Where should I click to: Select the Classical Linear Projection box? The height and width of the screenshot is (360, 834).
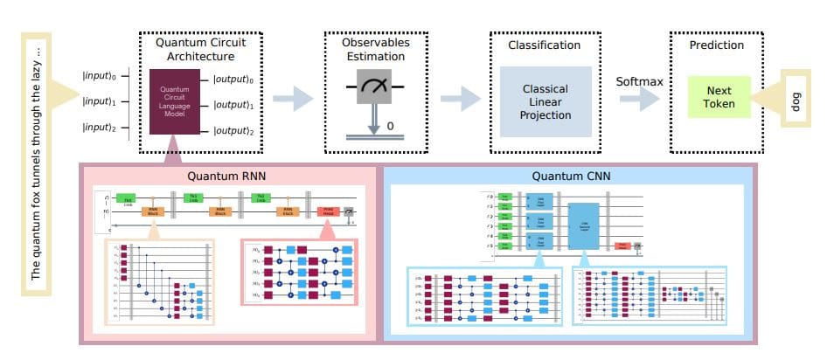545,101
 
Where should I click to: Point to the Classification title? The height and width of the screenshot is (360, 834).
544,45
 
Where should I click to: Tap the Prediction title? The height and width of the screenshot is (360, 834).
716,45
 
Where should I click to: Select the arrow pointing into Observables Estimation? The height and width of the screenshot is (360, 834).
293,99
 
